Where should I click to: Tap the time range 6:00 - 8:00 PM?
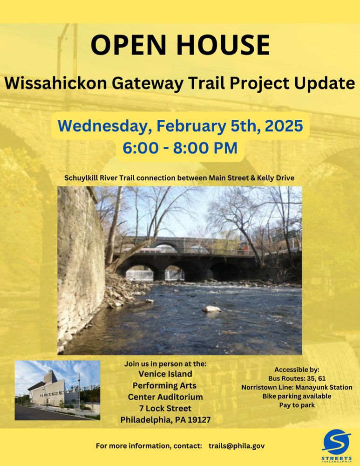180,148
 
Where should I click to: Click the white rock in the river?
211,308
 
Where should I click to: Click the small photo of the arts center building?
57,390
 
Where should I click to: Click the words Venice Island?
166,374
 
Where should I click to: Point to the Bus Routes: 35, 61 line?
297,378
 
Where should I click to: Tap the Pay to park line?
297,405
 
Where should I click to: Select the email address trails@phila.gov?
237,446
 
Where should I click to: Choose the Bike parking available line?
297,396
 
